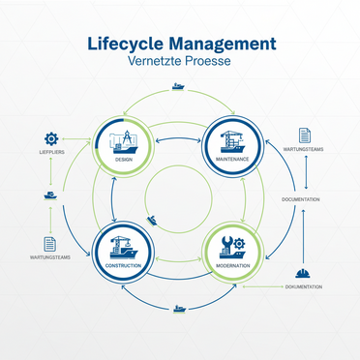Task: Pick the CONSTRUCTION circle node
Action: [x=122, y=254]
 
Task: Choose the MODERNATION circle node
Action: [x=233, y=254]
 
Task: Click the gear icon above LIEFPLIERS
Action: [x=51, y=138]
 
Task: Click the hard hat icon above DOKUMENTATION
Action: [x=302, y=274]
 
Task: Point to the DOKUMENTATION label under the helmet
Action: [x=303, y=287]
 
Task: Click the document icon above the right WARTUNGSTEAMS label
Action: [x=305, y=135]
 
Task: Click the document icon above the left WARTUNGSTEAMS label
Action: [x=49, y=244]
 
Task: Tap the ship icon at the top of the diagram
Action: [x=178, y=86]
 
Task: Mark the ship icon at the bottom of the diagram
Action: [x=179, y=310]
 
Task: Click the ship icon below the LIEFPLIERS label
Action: [x=50, y=196]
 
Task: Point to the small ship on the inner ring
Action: [x=153, y=229]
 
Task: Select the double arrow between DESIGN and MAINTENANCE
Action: [x=178, y=140]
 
